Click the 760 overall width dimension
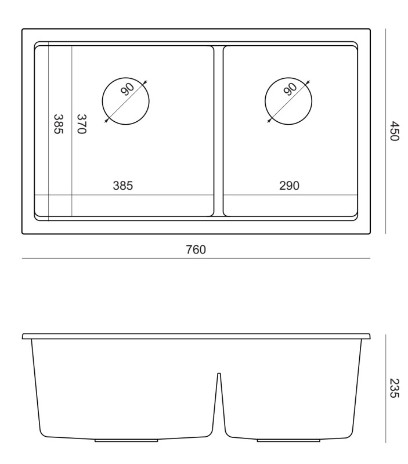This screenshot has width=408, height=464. click(196, 250)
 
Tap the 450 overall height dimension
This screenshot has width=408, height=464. click(395, 131)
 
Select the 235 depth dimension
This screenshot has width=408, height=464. click(395, 388)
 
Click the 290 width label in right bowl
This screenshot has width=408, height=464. click(289, 186)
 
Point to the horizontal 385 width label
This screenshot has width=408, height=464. click(123, 186)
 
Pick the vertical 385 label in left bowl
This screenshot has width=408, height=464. click(59, 124)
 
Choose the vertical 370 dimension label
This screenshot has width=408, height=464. click(81, 124)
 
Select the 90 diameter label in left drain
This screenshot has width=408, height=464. click(128, 89)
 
